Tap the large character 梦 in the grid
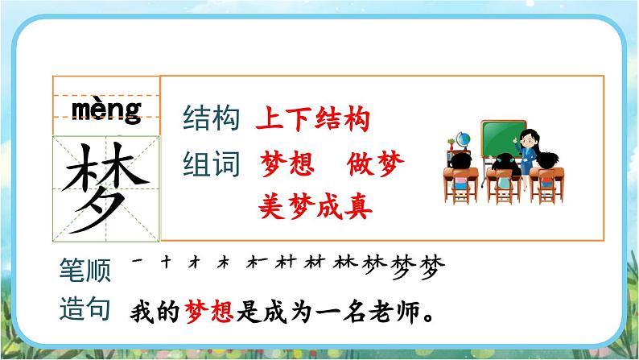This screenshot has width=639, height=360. click(105, 184)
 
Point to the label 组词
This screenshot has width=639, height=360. click(212, 164)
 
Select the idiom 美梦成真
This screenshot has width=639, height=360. click(315, 207)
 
